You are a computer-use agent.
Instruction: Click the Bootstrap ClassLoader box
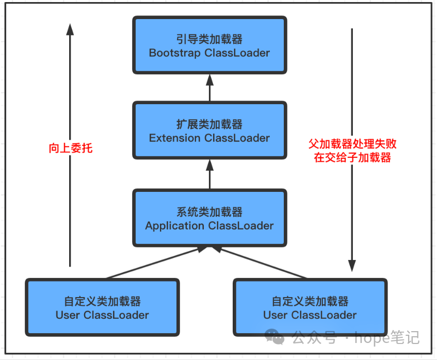(x=209, y=45)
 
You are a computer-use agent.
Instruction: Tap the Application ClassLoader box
(x=209, y=218)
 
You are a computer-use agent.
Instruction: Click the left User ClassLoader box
(x=102, y=307)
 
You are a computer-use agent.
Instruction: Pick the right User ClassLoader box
(x=310, y=307)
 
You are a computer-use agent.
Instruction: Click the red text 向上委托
(x=71, y=149)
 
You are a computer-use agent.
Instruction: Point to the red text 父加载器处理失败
(x=352, y=144)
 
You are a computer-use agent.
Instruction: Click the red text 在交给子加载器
(x=352, y=158)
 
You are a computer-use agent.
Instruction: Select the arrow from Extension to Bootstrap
(x=209, y=87)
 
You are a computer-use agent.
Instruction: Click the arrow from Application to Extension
(x=209, y=174)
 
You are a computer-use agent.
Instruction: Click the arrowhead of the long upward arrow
(x=70, y=29)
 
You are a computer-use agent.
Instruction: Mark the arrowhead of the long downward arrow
(x=352, y=266)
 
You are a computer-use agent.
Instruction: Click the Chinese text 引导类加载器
(x=209, y=39)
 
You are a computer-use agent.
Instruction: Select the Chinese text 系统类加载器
(x=209, y=212)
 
